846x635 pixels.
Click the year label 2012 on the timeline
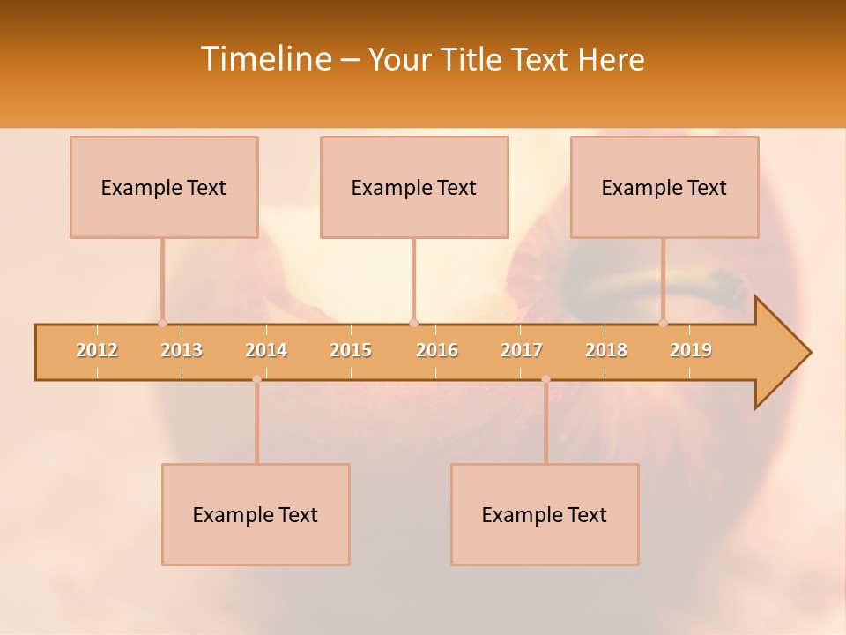click(x=97, y=350)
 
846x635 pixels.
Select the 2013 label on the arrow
click(x=182, y=350)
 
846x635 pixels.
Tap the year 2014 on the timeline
click(x=266, y=350)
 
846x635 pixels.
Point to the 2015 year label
click(x=351, y=350)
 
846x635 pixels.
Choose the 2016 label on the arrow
click(x=437, y=350)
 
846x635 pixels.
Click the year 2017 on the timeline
click(x=522, y=350)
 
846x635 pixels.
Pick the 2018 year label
click(x=606, y=350)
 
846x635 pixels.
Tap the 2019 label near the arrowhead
click(x=691, y=350)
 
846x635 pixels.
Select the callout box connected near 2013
click(x=164, y=187)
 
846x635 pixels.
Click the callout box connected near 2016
click(x=414, y=187)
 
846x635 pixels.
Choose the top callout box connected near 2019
click(x=664, y=187)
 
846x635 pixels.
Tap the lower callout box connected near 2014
click(x=256, y=514)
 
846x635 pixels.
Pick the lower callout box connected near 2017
click(x=545, y=514)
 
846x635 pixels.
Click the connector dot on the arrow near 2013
click(x=162, y=324)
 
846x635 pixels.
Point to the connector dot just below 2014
click(x=256, y=379)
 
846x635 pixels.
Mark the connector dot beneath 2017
click(x=545, y=379)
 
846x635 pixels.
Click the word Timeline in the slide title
click(x=265, y=59)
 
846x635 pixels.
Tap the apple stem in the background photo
click(x=705, y=287)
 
